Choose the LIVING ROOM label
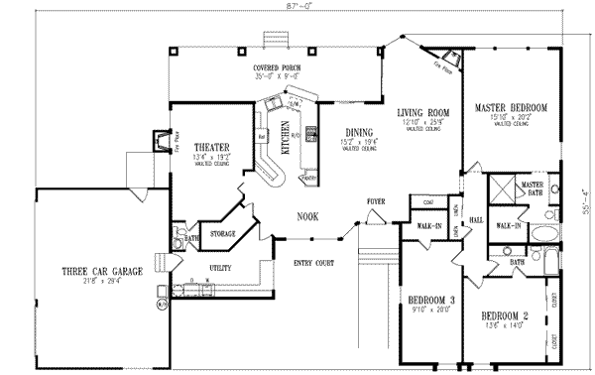423,112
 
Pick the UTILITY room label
220,268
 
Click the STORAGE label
223,234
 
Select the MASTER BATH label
533,188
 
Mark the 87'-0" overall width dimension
297,8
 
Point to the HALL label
475,220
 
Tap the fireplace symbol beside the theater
158,140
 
